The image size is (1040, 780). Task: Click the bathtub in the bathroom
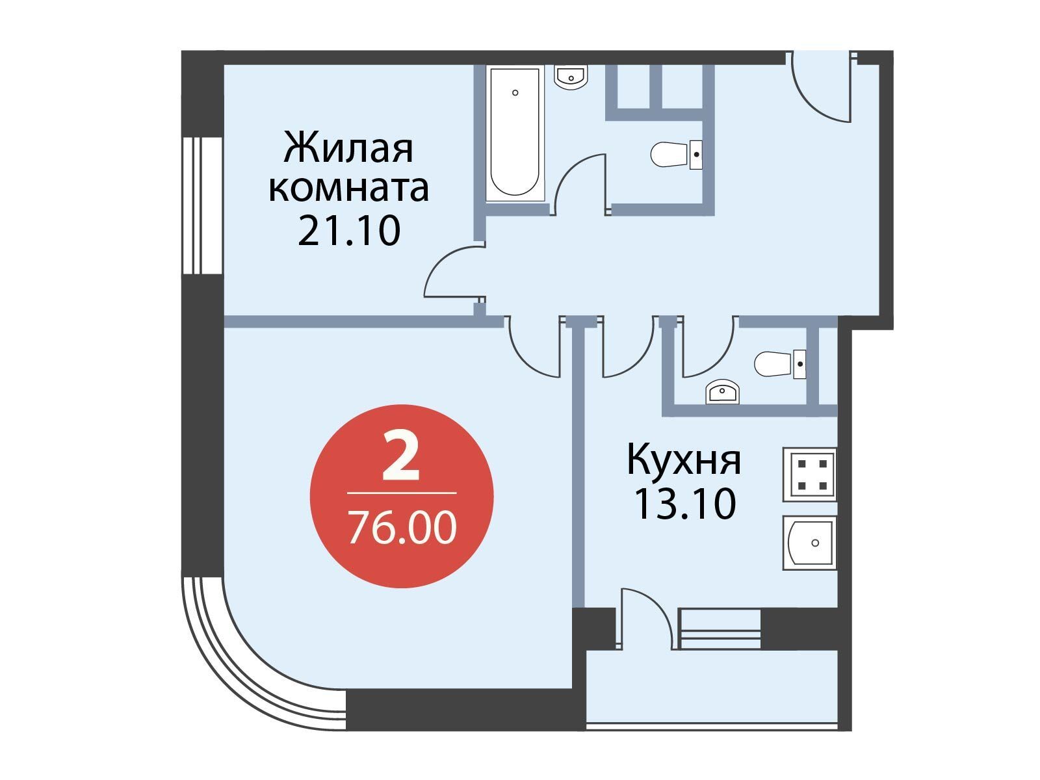(x=515, y=133)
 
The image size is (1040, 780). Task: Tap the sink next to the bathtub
(x=571, y=77)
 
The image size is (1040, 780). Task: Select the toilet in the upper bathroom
(x=676, y=155)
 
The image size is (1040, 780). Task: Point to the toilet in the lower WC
(x=779, y=364)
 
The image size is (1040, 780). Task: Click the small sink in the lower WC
(x=722, y=391)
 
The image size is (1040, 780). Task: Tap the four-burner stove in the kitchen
(x=809, y=474)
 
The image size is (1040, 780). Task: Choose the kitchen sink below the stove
(x=809, y=543)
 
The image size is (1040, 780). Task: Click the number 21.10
(x=349, y=231)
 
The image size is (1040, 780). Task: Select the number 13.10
(x=685, y=504)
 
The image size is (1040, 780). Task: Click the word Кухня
(x=684, y=460)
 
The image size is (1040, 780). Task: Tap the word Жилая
(x=348, y=148)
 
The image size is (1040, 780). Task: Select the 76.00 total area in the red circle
(x=402, y=528)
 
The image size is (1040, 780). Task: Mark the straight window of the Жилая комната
(x=202, y=205)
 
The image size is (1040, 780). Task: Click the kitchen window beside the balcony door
(x=720, y=629)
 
